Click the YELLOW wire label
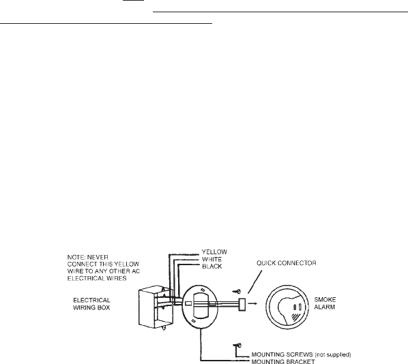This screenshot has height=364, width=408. pyautogui.click(x=214, y=252)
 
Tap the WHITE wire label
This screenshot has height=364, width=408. pyautogui.click(x=212, y=259)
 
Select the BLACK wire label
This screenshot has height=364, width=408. pyautogui.click(x=212, y=267)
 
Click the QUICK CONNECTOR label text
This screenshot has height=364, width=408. pyautogui.click(x=287, y=263)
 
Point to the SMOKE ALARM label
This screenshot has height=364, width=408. pyautogui.click(x=325, y=303)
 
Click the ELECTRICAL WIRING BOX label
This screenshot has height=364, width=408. pyautogui.click(x=91, y=304)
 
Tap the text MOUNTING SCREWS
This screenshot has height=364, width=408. pyautogui.click(x=282, y=354)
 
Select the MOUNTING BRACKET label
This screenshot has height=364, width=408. pyautogui.click(x=283, y=361)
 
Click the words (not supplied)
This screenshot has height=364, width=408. pyautogui.click(x=333, y=354)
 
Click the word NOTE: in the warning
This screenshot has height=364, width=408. pyautogui.click(x=76, y=258)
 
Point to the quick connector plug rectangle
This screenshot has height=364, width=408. pyautogui.click(x=242, y=305)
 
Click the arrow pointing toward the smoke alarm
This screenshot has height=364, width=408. pyautogui.click(x=252, y=303)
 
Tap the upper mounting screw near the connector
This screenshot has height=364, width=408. pyautogui.click(x=237, y=292)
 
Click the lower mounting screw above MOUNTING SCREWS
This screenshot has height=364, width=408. pyautogui.click(x=237, y=346)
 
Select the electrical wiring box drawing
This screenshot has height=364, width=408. pyautogui.click(x=156, y=307)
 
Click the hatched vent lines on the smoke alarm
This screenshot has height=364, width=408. pyautogui.click(x=295, y=316)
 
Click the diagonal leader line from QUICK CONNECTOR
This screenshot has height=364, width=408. pyautogui.click(x=255, y=282)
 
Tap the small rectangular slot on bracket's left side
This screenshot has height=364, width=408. pyautogui.click(x=188, y=303)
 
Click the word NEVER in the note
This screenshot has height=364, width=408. pyautogui.click(x=98, y=258)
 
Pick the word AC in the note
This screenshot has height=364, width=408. pyautogui.click(x=136, y=271)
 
